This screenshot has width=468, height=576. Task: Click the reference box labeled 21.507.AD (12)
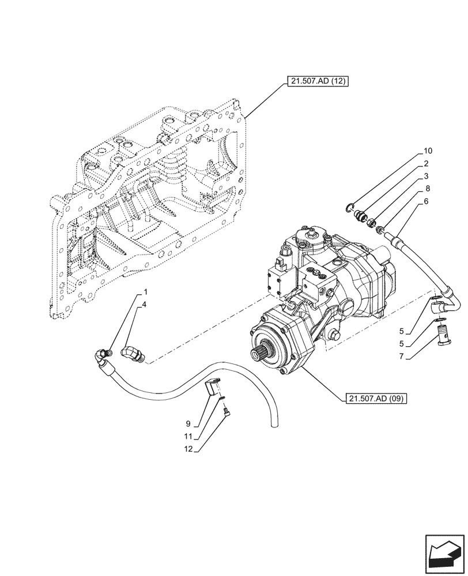point(316,82)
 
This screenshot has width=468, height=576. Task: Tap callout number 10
point(428,151)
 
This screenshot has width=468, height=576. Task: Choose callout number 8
point(428,189)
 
